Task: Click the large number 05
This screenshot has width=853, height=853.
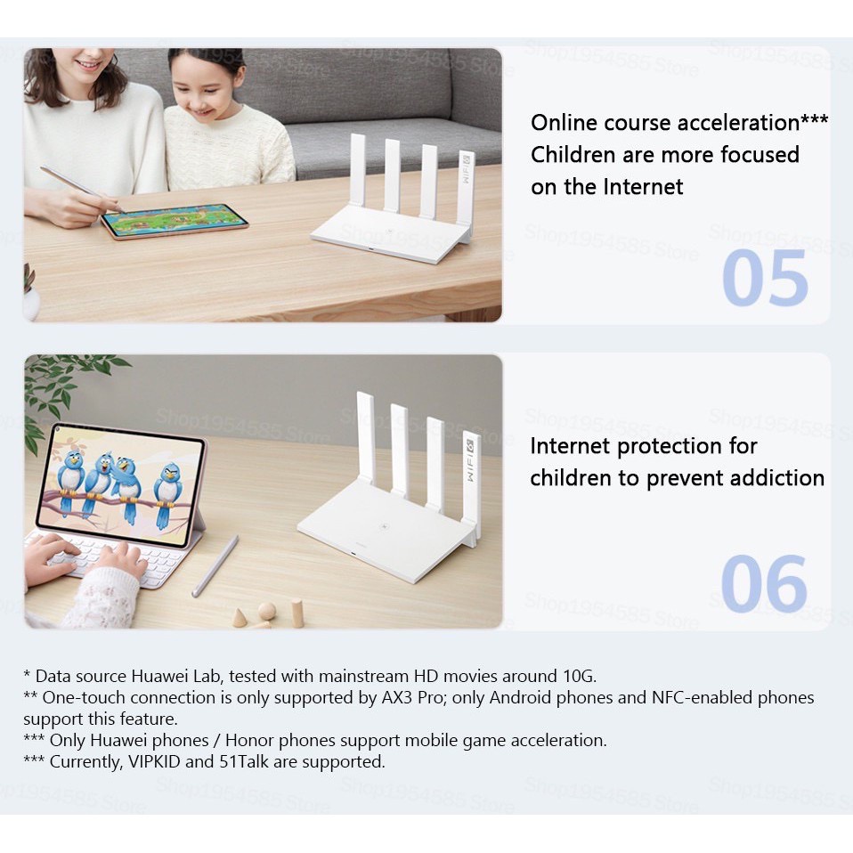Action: click(x=765, y=278)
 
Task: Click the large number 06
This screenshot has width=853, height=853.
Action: click(x=764, y=584)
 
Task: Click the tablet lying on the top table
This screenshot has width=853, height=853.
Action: click(x=174, y=220)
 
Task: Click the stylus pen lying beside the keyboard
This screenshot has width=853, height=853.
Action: click(x=215, y=566)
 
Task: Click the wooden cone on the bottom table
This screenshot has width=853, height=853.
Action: click(x=240, y=618)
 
